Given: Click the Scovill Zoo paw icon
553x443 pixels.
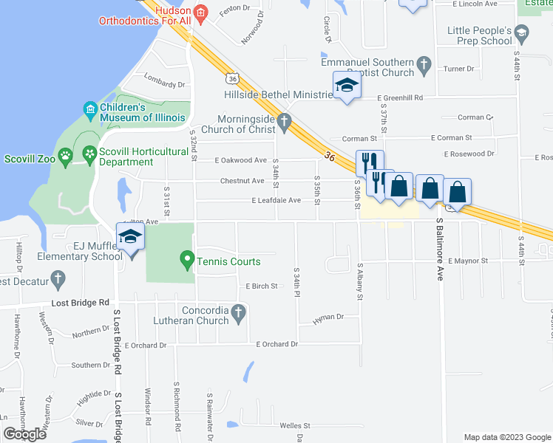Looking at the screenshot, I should pyautogui.click(x=66, y=156).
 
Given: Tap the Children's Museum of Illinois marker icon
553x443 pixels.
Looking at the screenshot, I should pyautogui.click(x=90, y=111).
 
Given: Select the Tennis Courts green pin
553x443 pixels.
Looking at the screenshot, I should pyautogui.click(x=187, y=261).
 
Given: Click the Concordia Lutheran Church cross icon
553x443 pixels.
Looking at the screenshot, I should pyautogui.click(x=237, y=315).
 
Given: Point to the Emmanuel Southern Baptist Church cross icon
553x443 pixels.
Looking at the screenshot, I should pyautogui.click(x=424, y=64).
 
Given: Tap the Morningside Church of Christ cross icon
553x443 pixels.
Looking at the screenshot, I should pyautogui.click(x=284, y=120).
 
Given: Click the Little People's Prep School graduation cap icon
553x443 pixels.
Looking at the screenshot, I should pyautogui.click(x=521, y=32).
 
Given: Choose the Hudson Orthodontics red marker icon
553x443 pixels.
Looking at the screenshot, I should pyautogui.click(x=200, y=13).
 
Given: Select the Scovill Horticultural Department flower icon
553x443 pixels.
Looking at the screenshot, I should pyautogui.click(x=90, y=156).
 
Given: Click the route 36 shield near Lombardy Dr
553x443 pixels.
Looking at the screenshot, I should pyautogui.click(x=232, y=78).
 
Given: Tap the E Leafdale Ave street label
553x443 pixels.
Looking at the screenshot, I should pyautogui.click(x=276, y=200).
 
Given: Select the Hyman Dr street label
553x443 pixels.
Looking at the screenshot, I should pyautogui.click(x=329, y=317).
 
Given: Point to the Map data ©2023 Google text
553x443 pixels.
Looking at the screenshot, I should pyautogui.click(x=507, y=437).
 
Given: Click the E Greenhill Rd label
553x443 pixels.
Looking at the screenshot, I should pyautogui.click(x=399, y=97).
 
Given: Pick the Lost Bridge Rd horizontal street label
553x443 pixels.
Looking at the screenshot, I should pyautogui.click(x=80, y=303).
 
